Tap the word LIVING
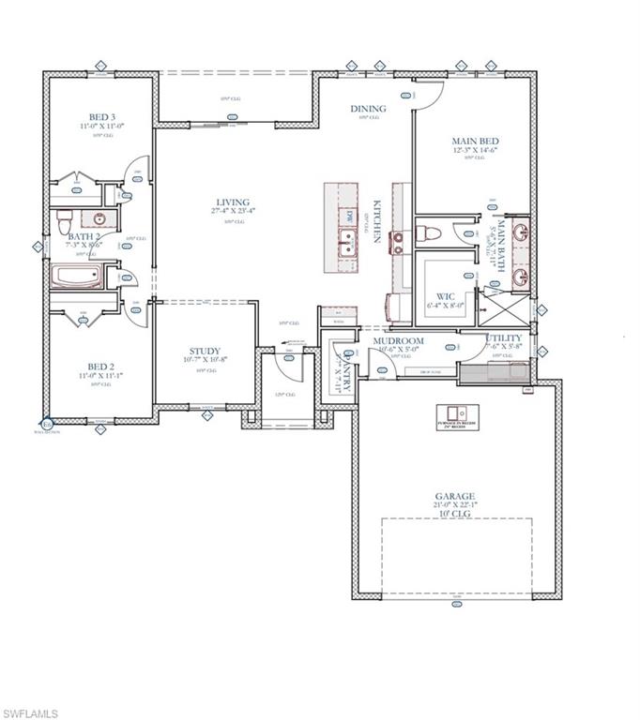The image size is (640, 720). pyautogui.click(x=231, y=202)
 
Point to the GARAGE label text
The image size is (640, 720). pyautogui.click(x=454, y=496)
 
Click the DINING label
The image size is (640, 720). pyautogui.click(x=368, y=109)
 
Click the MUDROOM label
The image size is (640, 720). pyautogui.click(x=397, y=341)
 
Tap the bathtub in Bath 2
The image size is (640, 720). pyautogui.click(x=78, y=277)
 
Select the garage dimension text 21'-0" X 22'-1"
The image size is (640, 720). pyautogui.click(x=455, y=505)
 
